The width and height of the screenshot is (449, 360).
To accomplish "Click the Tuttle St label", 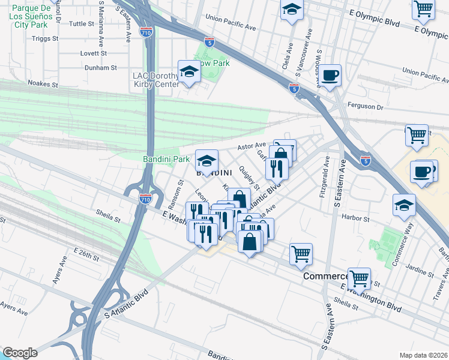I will tap(82, 24).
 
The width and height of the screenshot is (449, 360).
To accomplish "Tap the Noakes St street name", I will tap(43, 85).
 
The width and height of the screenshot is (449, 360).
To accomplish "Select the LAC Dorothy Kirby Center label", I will tap(155, 80).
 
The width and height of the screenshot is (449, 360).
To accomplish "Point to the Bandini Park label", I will tap(166, 159).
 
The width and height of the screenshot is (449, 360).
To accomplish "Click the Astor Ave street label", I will tap(252, 146).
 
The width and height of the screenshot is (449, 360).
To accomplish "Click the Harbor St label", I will tap(354, 217).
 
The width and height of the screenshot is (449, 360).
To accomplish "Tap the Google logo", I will tap(19, 353).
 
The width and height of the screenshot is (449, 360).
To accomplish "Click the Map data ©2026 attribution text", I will tap(423, 355).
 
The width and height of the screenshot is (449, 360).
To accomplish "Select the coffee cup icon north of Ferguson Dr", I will tap(330, 76).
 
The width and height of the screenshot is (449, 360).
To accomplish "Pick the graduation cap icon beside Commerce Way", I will tap(404, 205).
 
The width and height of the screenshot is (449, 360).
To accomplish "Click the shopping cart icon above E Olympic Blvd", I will tap(423, 9).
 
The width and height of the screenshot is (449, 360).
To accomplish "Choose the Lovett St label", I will tap(93, 53).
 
